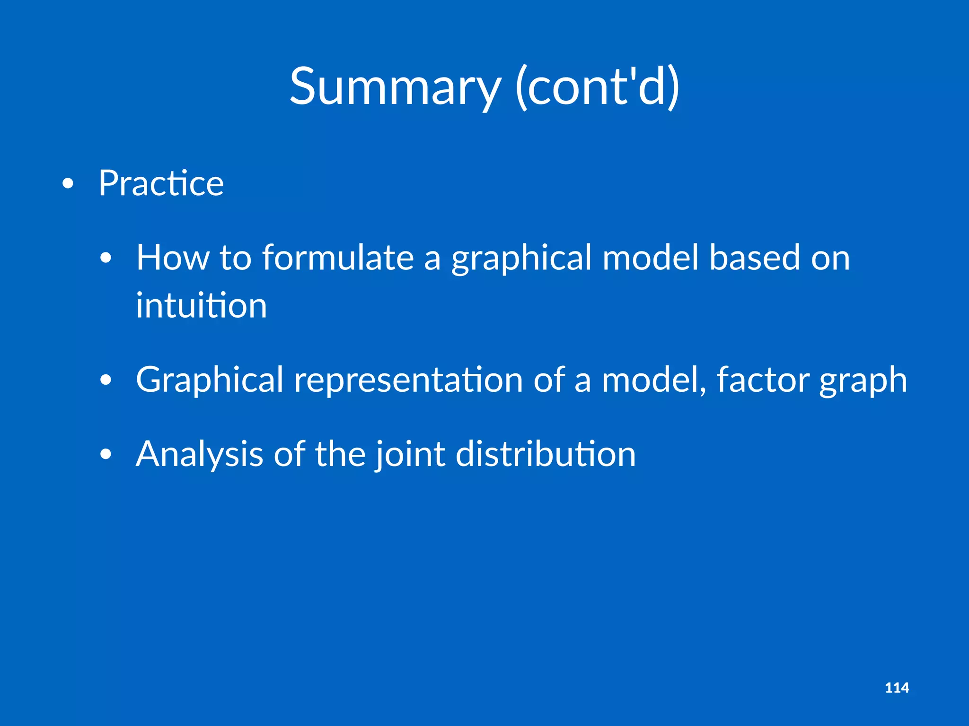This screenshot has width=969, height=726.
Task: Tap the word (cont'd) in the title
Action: tap(597, 87)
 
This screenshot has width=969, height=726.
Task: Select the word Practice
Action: tap(161, 183)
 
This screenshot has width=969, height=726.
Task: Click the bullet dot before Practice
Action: tap(68, 183)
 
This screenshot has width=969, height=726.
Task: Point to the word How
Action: tap(172, 258)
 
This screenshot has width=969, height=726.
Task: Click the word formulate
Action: tap(337, 258)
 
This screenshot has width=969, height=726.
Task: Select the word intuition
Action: tap(202, 305)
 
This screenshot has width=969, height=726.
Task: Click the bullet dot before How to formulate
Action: tap(106, 258)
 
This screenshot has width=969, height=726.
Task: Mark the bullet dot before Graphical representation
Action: tap(106, 380)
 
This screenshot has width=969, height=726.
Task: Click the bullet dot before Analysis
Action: tap(106, 454)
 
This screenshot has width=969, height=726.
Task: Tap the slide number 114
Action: tap(897, 688)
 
